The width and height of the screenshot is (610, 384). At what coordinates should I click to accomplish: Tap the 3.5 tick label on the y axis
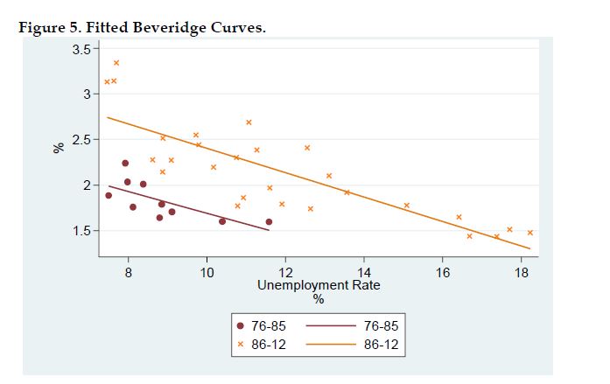(80, 49)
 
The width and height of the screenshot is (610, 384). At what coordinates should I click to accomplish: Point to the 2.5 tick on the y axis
(80, 140)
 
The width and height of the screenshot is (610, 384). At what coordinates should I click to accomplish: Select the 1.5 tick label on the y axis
(80, 231)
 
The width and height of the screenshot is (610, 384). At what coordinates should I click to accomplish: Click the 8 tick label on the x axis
(129, 271)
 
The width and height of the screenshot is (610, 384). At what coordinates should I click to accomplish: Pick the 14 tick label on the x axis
(364, 271)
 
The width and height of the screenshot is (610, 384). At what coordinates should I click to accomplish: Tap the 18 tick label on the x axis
(522, 271)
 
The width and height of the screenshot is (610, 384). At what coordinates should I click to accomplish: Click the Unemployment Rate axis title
(319, 285)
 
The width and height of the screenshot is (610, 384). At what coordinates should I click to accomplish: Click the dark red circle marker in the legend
(241, 326)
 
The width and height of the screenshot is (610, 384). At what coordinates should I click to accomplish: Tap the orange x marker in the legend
(241, 345)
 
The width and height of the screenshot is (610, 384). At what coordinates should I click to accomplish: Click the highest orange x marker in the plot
(116, 63)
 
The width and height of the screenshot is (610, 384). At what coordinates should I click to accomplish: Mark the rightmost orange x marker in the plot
(530, 233)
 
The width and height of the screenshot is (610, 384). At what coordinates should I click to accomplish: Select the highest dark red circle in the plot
(125, 164)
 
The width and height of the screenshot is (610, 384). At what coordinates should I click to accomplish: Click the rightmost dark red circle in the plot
(269, 221)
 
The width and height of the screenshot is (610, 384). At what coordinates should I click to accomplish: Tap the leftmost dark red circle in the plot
(109, 195)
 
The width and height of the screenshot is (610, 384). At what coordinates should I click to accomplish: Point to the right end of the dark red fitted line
(269, 229)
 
